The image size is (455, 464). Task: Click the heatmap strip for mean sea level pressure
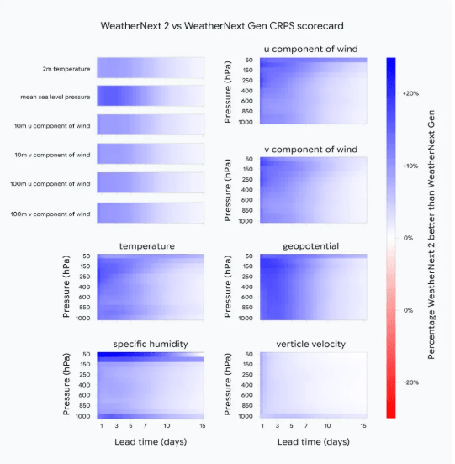point(150,96)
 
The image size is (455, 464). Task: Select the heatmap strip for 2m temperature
point(150,67)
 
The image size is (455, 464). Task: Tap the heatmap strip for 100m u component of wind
point(150,183)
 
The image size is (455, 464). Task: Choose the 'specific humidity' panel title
point(149,345)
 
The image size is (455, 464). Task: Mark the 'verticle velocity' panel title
point(310,345)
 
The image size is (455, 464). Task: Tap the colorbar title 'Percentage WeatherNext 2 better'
point(432,238)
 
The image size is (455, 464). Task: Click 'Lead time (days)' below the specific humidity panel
point(149,441)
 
